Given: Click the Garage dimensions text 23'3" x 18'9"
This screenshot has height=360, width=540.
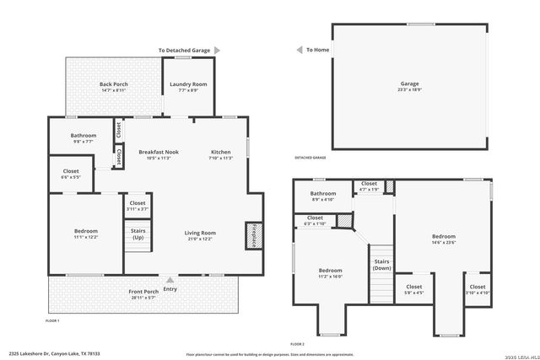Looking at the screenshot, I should pyautogui.click(x=410, y=89).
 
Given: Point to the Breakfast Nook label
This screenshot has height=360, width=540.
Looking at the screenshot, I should pyautogui.click(x=158, y=152).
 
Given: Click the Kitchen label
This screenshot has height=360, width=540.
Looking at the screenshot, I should pyautogui.click(x=220, y=152).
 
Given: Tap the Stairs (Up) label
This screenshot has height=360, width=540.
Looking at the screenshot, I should pyautogui.click(x=137, y=234).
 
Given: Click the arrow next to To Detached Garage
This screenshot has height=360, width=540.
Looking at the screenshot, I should pyautogui.click(x=216, y=51).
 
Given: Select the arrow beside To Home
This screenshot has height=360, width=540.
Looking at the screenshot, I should pyautogui.click(x=299, y=51).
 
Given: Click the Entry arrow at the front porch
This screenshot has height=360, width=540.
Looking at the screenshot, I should pyautogui.click(x=170, y=281).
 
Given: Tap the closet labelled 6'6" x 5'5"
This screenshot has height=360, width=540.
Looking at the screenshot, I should pyautogui.click(x=71, y=174).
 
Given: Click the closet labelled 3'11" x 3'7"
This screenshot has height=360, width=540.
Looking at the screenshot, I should pyautogui.click(x=137, y=205).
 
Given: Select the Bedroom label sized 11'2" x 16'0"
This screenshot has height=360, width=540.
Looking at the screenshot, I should pyautogui.click(x=329, y=272).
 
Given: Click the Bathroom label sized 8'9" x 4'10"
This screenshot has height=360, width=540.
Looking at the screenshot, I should pyautogui.click(x=322, y=196).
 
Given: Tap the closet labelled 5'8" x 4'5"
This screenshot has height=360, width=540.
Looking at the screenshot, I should pyautogui.click(x=413, y=289).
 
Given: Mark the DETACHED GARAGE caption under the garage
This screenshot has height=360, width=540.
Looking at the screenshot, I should pyautogui.click(x=310, y=158).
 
